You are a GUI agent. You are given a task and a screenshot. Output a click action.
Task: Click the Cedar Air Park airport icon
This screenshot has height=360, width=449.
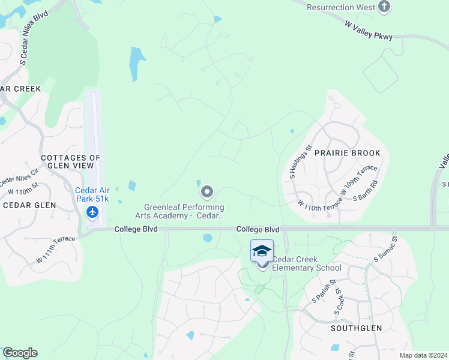click(92, 212)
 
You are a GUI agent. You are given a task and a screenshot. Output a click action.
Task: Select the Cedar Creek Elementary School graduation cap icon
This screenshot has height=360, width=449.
click(262, 250)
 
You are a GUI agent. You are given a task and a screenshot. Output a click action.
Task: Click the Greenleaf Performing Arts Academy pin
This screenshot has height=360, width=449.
click(207, 192)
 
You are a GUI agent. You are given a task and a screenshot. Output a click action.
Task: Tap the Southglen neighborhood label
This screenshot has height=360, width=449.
click(353, 329)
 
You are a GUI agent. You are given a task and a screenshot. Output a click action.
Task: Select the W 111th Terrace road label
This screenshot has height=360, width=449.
click(56, 249)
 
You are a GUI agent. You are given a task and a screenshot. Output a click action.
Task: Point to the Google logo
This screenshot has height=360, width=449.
click(20, 353)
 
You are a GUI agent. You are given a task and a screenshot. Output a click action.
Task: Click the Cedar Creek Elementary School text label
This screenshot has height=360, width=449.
click(306, 263)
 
